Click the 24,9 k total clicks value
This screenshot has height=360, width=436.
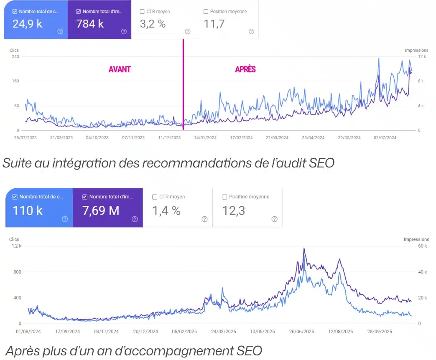28,23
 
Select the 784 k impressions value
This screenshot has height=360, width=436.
90,23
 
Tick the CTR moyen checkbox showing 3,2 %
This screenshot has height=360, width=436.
142,12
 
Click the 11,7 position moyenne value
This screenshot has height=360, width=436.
214,23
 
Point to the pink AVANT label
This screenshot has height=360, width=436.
120,69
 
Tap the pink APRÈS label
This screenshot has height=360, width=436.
245,69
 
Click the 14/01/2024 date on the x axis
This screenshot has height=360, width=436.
206,137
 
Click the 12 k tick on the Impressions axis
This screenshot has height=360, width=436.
421,56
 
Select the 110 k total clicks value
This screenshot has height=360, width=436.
28,210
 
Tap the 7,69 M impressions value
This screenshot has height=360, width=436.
101,210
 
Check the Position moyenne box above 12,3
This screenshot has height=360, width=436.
224,197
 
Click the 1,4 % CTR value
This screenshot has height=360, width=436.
166,210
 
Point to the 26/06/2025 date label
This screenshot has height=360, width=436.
301,332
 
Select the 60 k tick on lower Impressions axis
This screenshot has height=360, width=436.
423,246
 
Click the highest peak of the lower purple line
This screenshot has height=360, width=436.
304,248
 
